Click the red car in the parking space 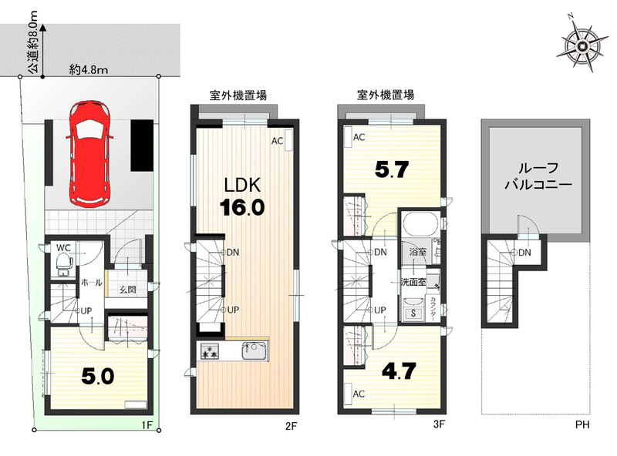[89, 153]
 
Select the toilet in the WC [63, 263]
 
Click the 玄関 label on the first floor [128, 290]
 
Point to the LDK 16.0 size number [242, 207]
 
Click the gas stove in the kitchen [209, 350]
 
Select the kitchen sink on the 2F [255, 350]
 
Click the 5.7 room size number [392, 169]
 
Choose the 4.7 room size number [399, 370]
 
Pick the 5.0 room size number [98, 376]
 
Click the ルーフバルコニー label [538, 176]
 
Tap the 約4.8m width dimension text [89, 70]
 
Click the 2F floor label [291, 426]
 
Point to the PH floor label [582, 424]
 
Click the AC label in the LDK [277, 141]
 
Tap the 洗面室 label [413, 282]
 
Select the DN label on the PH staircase [524, 253]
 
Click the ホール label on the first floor [91, 282]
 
